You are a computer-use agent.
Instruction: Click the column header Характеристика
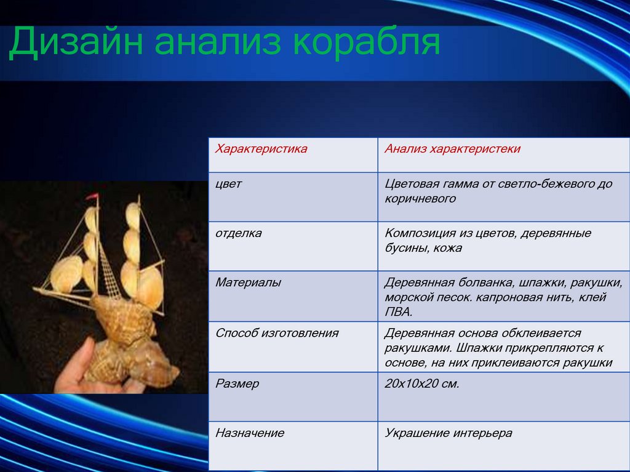tap(261, 149)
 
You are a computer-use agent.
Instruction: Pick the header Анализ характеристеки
tap(452, 149)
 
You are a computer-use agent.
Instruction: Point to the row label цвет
tap(228, 184)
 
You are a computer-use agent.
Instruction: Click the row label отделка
tap(238, 233)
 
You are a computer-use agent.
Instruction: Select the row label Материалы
tap(248, 282)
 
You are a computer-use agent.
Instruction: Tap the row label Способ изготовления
tap(277, 333)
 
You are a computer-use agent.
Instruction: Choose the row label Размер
tap(237, 383)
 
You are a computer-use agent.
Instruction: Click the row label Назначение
tap(249, 433)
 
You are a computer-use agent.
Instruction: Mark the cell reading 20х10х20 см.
tap(422, 383)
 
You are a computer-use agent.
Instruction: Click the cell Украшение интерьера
tap(449, 433)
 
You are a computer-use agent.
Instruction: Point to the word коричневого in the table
tap(420, 199)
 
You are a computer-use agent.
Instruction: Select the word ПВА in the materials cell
tap(397, 312)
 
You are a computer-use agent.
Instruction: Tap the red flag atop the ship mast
tap(92, 198)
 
